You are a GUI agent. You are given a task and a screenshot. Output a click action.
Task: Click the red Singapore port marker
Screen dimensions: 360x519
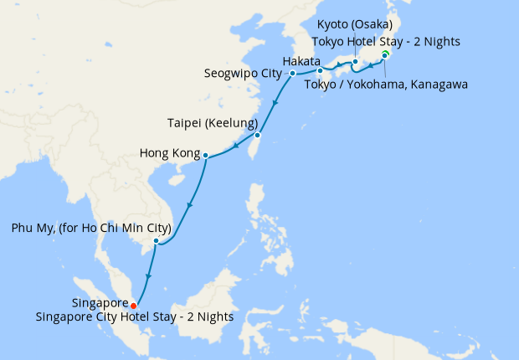pyautogui.click(x=134, y=305)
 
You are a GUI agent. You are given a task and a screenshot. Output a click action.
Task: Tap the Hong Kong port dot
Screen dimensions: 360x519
pyautogui.click(x=205, y=154)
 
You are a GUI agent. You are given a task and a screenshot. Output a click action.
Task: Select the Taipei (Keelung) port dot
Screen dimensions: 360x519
pyautogui.click(x=258, y=135)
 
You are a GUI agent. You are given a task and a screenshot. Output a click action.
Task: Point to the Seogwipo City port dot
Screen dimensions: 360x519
pyautogui.click(x=292, y=74)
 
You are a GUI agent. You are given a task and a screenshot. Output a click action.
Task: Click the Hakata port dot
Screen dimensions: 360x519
pyautogui.click(x=320, y=70)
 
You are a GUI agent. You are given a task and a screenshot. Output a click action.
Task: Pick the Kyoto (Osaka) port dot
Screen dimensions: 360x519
pyautogui.click(x=355, y=62)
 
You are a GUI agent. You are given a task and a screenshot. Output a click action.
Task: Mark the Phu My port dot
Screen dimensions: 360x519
pyautogui.click(x=156, y=241)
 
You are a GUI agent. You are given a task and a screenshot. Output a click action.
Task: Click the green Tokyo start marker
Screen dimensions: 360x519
pyautogui.click(x=386, y=54)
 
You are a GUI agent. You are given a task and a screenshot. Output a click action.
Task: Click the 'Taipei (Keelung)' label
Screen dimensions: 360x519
pyautogui.click(x=207, y=122)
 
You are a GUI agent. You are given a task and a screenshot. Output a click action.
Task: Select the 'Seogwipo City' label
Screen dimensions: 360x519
pyautogui.click(x=243, y=74)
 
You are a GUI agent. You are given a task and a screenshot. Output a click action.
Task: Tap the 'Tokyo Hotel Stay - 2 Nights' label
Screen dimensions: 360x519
pyautogui.click(x=386, y=41)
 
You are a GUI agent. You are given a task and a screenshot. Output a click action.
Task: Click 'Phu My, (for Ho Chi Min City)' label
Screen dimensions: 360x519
pyautogui.click(x=91, y=228)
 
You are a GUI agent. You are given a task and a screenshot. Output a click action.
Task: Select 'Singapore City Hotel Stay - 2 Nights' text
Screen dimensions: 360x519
pyautogui.click(x=135, y=317)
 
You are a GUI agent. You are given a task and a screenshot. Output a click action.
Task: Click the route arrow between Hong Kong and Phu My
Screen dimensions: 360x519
pyautogui.click(x=191, y=206)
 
